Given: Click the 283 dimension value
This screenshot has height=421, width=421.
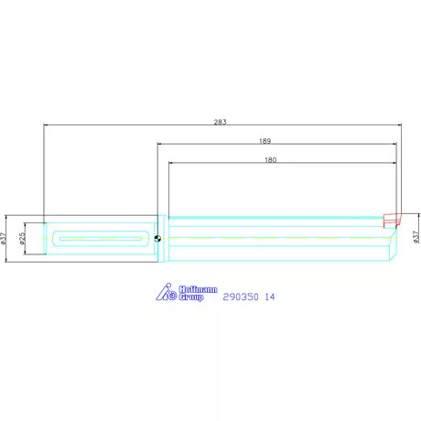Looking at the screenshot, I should (x=220, y=121).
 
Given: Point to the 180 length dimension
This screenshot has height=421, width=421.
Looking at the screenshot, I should (x=270, y=159).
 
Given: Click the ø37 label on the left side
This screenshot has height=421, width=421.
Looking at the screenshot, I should (x=5, y=239).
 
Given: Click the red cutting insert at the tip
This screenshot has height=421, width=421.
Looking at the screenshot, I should (x=392, y=220).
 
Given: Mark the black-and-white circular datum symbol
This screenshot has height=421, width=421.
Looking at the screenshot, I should (x=159, y=239).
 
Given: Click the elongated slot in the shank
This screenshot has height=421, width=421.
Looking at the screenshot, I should (x=102, y=239).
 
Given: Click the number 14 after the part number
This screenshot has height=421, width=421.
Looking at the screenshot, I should (x=270, y=297).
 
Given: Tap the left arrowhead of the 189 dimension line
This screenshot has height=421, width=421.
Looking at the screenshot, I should (x=160, y=146).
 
